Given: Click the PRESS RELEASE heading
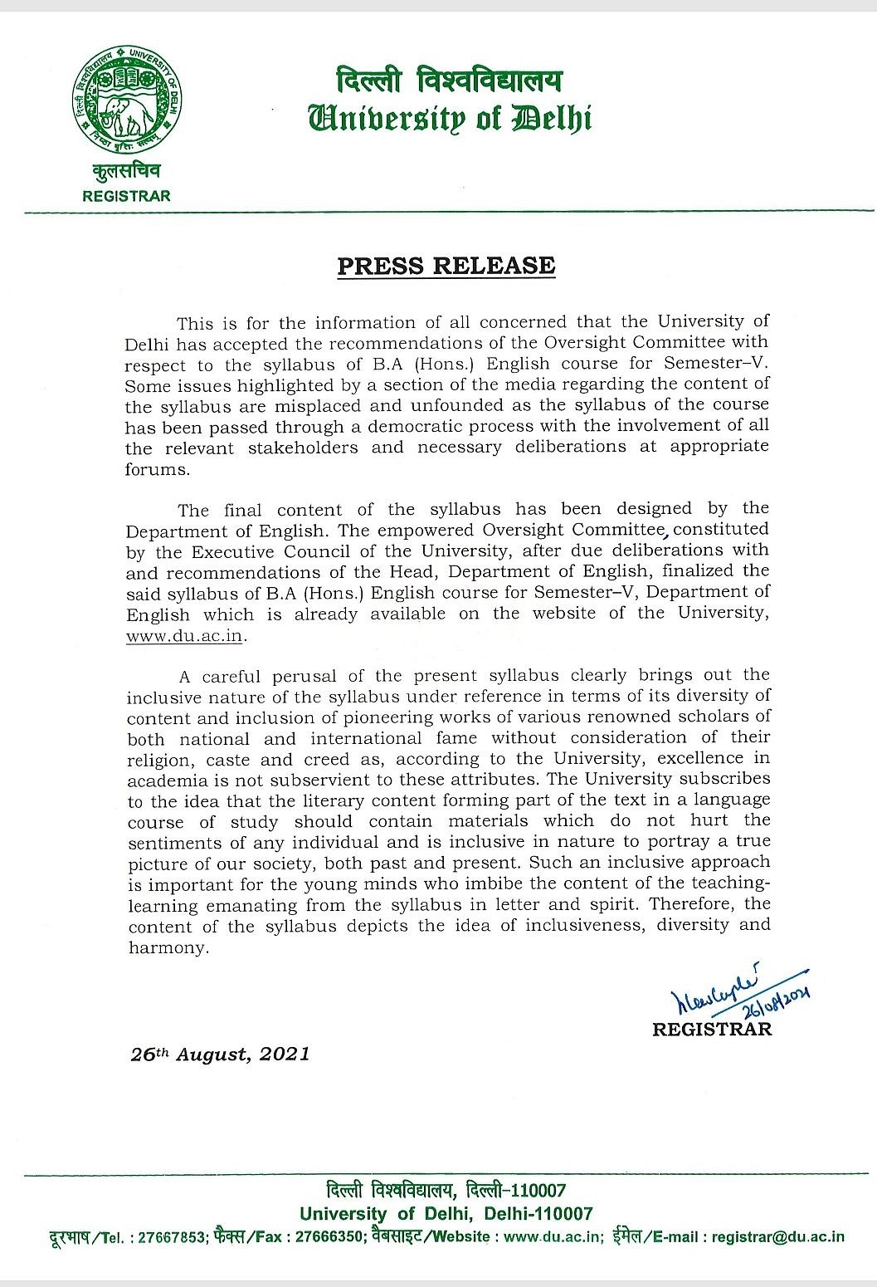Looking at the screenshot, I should [x=446, y=266].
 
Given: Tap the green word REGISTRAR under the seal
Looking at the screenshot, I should [x=127, y=196].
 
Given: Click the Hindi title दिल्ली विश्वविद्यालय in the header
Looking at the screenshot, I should [x=448, y=81].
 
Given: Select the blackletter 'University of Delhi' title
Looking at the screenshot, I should [x=449, y=118].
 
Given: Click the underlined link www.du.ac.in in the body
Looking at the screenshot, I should [x=186, y=637].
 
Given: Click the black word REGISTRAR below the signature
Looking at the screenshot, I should [x=712, y=1030].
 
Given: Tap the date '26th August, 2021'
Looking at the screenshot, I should [x=221, y=1055].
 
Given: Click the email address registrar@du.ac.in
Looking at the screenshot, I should [x=777, y=1236].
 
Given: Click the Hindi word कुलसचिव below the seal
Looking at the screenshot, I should [x=127, y=171].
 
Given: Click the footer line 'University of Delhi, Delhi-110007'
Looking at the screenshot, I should [x=446, y=1213].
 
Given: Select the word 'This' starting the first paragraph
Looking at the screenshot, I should [x=195, y=322].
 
